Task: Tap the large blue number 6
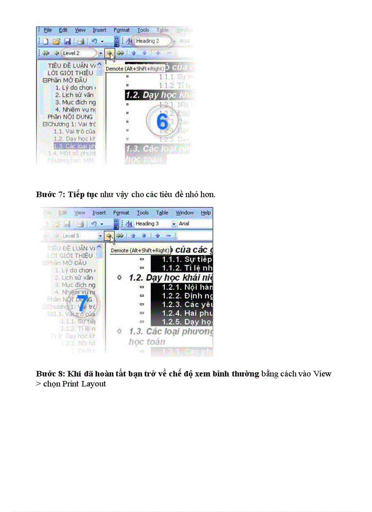[x=162, y=121]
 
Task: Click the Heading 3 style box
[x=150, y=224]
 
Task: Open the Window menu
[x=185, y=213]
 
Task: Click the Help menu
[x=206, y=213]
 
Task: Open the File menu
[x=48, y=30]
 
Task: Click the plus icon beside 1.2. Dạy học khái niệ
[x=119, y=278]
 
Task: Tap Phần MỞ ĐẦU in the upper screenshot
[x=68, y=80]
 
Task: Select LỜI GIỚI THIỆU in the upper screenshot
[x=71, y=73]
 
